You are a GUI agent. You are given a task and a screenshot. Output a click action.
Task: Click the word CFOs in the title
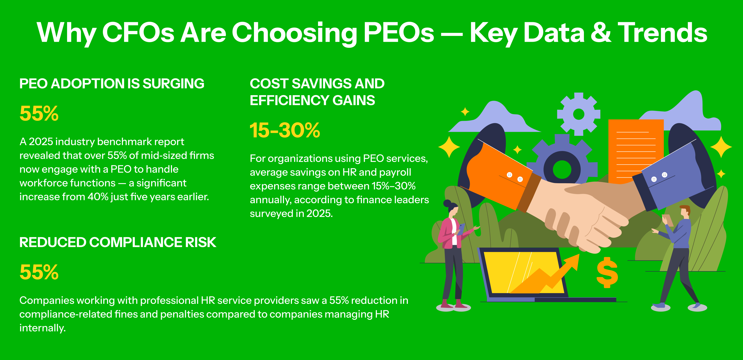pos(138,33)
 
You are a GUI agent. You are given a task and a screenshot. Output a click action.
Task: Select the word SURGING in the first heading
pos(174,84)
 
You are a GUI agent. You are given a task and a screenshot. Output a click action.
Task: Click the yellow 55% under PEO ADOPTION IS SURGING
pos(39,113)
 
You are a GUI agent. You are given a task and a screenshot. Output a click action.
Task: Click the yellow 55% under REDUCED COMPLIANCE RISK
pos(39,272)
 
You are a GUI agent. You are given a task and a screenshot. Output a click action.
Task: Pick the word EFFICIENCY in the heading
pos(289,100)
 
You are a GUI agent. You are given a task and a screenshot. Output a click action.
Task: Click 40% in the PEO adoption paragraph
pos(98,197)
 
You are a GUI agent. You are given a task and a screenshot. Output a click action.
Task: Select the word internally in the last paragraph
pos(42,328)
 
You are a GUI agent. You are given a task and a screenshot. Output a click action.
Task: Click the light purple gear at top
pos(579,114)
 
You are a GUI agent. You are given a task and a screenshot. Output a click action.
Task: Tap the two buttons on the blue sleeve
pos(659,177)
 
